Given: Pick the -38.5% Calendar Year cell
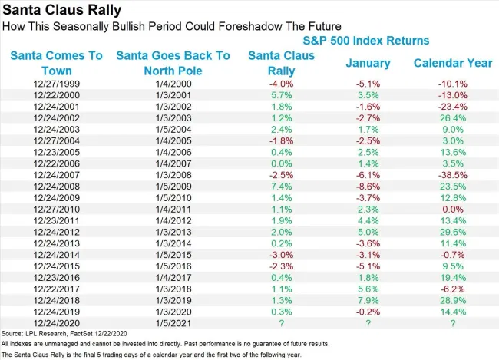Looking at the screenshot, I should tap(452, 176).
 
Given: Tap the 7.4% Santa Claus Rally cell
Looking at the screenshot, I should tap(279, 187).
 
